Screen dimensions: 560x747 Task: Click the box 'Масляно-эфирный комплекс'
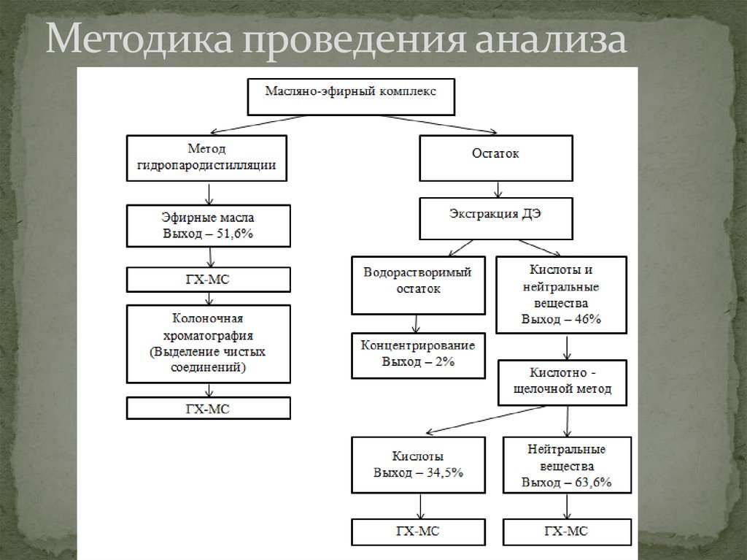point(350,96)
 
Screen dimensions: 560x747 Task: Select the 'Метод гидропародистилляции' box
point(207,158)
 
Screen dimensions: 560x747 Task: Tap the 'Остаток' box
point(497,157)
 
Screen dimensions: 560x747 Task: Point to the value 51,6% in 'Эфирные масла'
point(234,234)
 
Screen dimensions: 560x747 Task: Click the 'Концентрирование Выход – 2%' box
point(417,356)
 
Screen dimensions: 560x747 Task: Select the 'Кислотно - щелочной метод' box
point(562,382)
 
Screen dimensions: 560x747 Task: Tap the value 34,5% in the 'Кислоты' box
point(446,472)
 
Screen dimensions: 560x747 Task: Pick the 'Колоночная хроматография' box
point(208,344)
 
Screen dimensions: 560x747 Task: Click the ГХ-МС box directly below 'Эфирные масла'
point(208,280)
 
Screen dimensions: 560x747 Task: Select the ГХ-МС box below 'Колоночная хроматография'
point(208,407)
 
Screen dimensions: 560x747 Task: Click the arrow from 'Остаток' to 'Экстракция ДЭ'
point(498,190)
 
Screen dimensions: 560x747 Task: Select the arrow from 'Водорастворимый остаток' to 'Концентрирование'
point(415,323)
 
